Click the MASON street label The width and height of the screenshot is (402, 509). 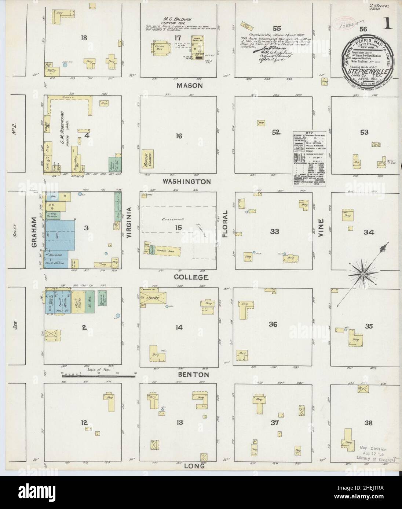coord(189,86)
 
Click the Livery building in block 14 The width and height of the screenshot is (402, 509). coord(153,298)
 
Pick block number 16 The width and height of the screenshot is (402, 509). coord(179,136)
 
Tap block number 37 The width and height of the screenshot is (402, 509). coord(275,423)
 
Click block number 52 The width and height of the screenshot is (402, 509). coord(276,133)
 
